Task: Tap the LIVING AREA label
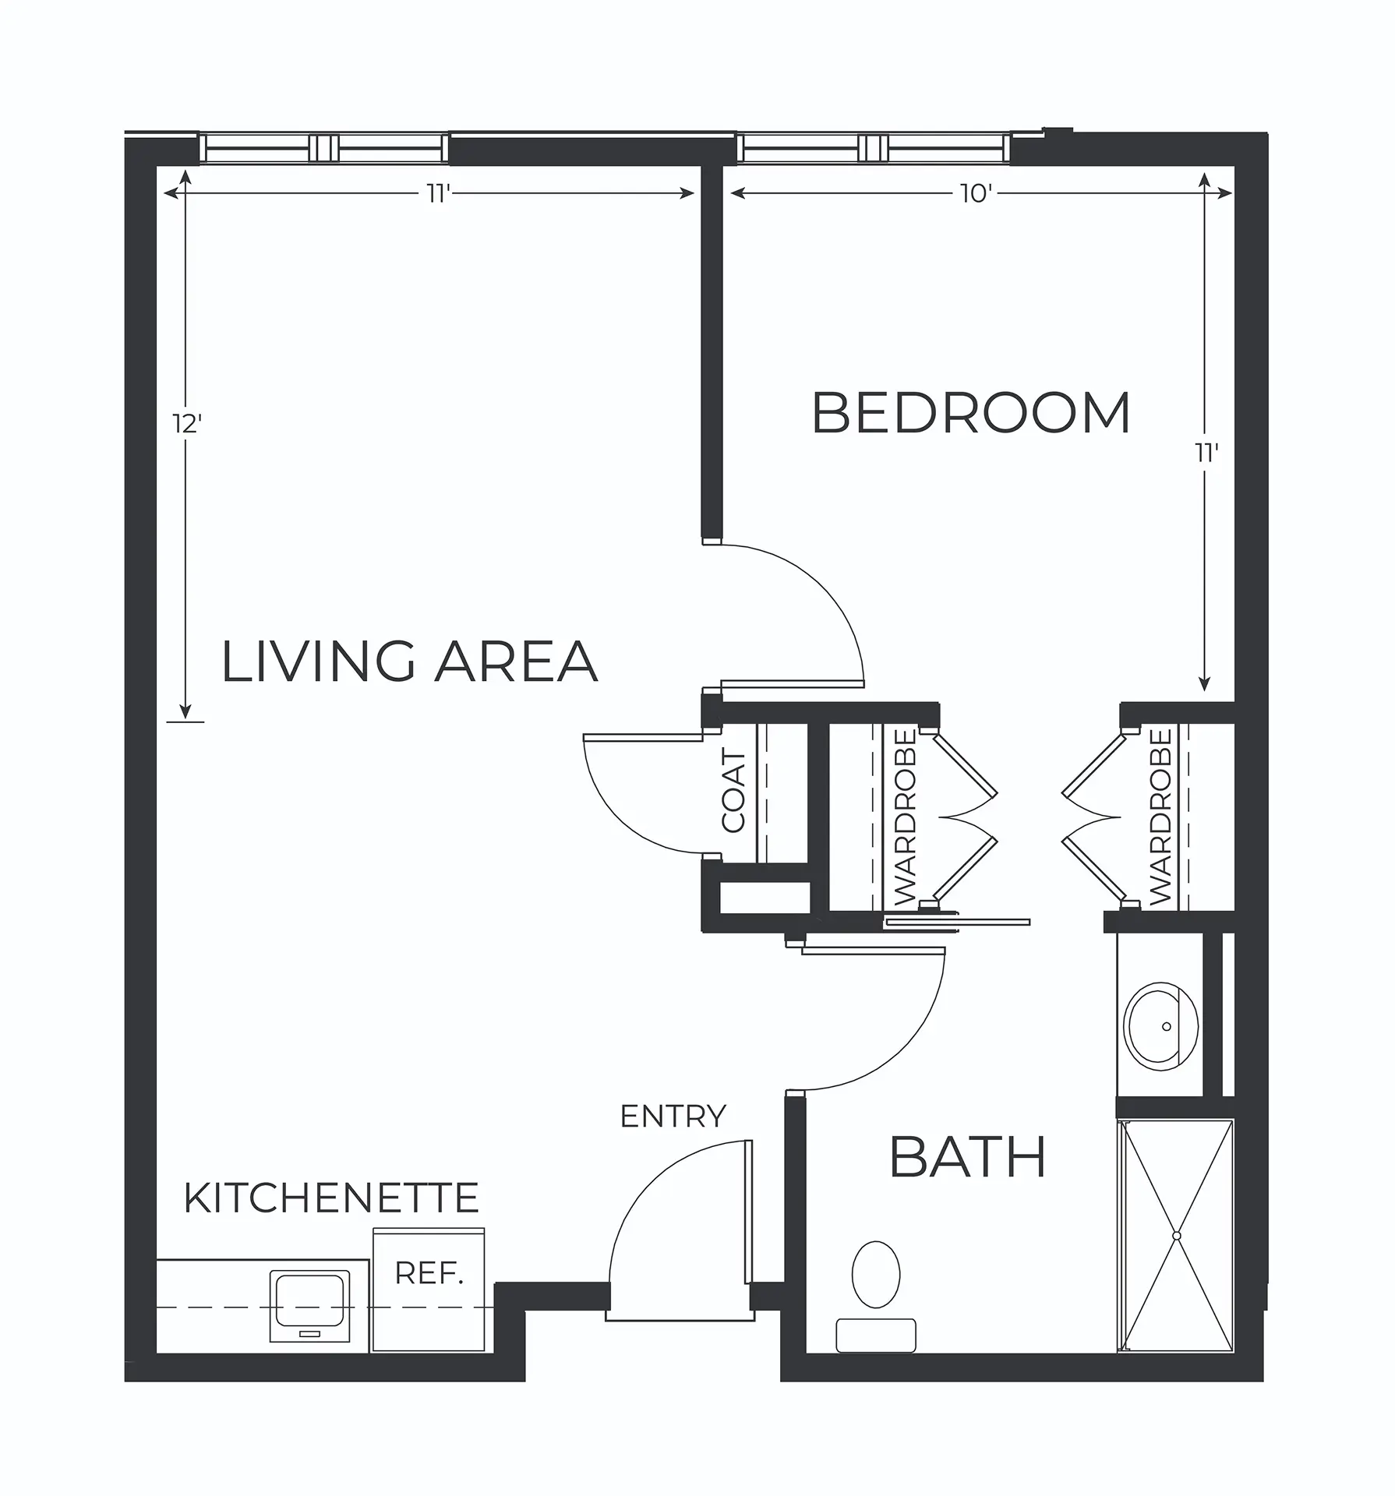click(410, 662)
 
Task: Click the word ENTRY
click(673, 1117)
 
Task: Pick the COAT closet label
click(734, 791)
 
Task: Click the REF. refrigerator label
click(429, 1272)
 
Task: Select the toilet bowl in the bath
click(876, 1275)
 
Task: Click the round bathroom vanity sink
click(1160, 1026)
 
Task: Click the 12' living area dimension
click(186, 424)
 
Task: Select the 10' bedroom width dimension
click(974, 193)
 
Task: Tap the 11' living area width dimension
click(439, 193)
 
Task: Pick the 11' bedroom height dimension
click(1206, 453)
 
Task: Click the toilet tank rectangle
click(876, 1335)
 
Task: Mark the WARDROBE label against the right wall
click(1160, 817)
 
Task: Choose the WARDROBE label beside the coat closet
click(905, 817)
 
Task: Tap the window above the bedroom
click(874, 148)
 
